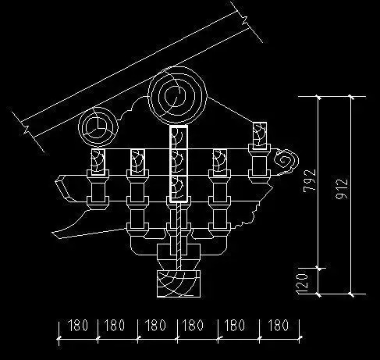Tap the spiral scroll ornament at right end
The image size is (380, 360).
tap(286, 161)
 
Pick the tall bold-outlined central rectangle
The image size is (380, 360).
tap(178, 165)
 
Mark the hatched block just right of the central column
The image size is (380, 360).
tap(218, 162)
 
